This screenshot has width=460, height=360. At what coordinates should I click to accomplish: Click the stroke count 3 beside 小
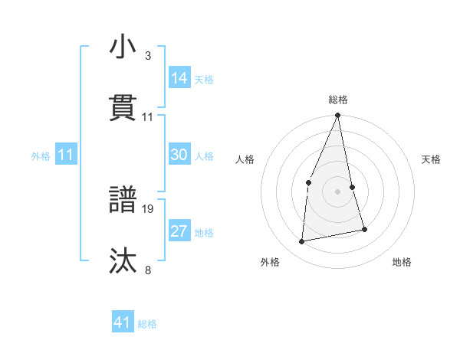point(148,56)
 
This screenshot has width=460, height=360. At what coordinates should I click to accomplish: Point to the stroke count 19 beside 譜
point(148,208)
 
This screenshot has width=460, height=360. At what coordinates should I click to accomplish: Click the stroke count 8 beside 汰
point(148,269)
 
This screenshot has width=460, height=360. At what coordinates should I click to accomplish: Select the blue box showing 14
point(179,77)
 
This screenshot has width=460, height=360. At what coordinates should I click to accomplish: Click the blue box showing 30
point(179,154)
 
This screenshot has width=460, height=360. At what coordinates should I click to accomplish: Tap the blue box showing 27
point(179,231)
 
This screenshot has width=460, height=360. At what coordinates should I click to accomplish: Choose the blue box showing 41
point(123,322)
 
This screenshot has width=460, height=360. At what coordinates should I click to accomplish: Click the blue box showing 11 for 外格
point(65,155)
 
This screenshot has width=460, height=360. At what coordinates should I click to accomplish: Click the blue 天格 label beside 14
point(204,79)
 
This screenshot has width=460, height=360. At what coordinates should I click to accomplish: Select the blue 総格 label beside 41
point(147,324)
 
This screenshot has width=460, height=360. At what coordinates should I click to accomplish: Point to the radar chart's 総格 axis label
point(337,100)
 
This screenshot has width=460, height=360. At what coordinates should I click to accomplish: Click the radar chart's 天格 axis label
point(432,159)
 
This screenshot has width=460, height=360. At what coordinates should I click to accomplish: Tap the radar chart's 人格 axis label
point(245,159)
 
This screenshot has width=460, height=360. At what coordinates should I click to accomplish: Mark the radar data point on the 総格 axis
point(337,116)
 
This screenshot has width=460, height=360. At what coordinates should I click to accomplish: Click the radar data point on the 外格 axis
point(302,242)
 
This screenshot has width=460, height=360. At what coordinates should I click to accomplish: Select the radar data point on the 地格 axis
point(364,229)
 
